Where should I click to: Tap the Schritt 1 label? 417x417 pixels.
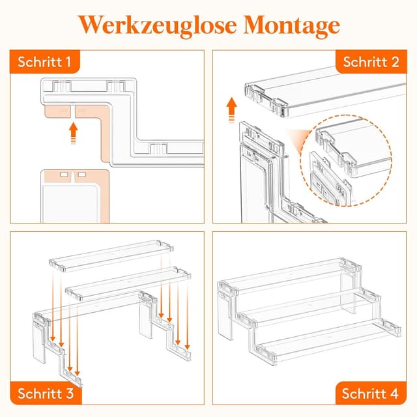click(x=45, y=63)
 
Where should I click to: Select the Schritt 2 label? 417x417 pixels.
click(x=372, y=63)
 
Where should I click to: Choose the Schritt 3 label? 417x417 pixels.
click(x=45, y=393)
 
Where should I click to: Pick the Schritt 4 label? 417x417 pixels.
click(x=372, y=393)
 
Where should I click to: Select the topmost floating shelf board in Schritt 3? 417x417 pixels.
click(x=111, y=255)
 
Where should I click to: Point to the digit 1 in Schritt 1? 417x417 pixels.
click(x=68, y=63)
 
